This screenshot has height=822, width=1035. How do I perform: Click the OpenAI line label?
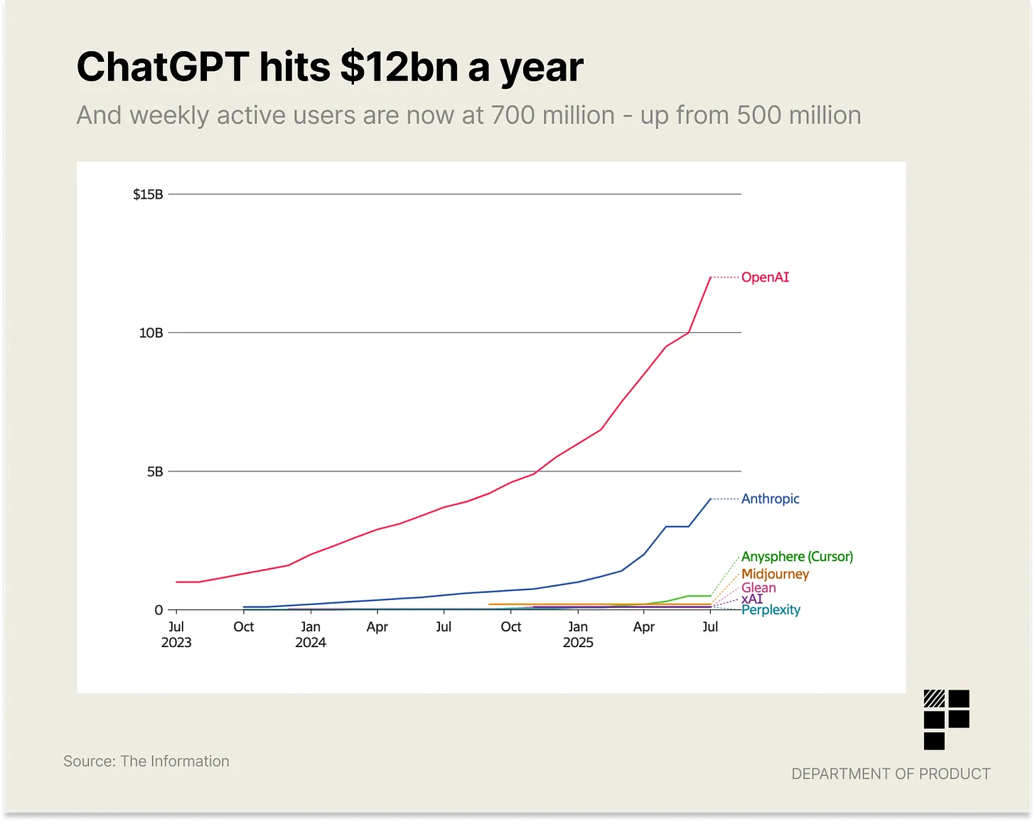[x=765, y=277]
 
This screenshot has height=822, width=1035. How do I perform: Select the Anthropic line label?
[x=770, y=499]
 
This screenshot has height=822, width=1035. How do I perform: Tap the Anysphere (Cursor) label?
[x=797, y=557]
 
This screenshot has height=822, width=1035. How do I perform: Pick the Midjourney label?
[x=775, y=574]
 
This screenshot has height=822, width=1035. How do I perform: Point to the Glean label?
[x=758, y=587]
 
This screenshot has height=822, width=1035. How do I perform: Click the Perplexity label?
[x=771, y=610]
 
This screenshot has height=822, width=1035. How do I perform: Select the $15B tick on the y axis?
[x=148, y=194]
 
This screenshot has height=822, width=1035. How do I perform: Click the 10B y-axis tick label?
[x=151, y=333]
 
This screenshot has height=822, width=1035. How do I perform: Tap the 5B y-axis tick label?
[x=155, y=471]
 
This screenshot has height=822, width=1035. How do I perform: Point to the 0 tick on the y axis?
[x=159, y=610]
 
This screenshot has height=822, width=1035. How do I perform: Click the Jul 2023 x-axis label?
[x=176, y=634]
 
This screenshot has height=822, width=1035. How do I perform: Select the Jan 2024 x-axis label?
[x=311, y=634]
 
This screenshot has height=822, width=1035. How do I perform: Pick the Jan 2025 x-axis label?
[x=578, y=634]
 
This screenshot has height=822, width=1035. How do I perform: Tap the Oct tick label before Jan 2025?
[x=511, y=626]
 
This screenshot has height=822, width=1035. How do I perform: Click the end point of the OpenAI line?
[x=711, y=277]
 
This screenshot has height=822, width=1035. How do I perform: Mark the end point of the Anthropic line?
[x=711, y=499]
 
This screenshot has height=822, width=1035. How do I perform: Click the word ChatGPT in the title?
[x=163, y=68]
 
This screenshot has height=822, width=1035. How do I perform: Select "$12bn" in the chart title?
[x=399, y=68]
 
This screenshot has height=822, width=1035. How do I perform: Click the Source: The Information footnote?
[x=146, y=761]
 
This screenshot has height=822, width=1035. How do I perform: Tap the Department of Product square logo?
[x=946, y=720]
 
